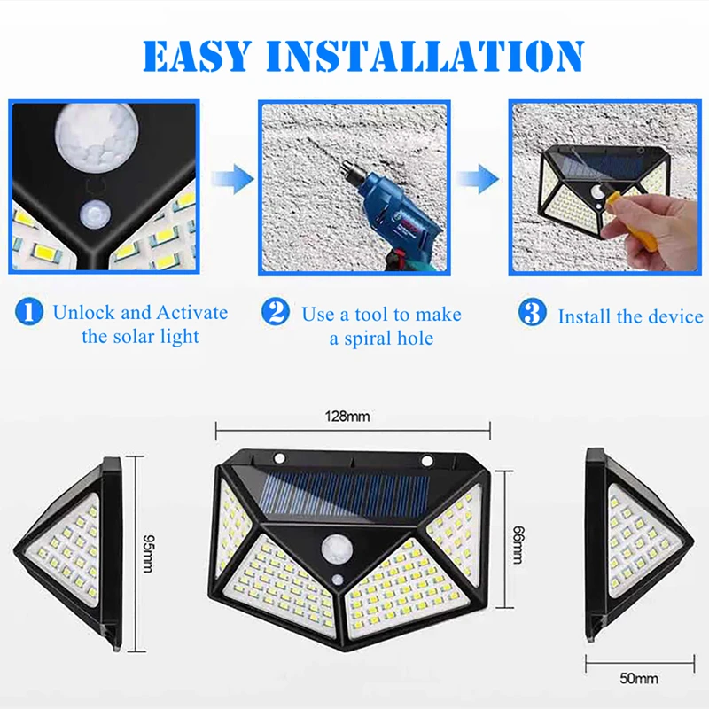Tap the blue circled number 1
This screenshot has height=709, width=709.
29,312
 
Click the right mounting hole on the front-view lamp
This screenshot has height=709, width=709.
426,459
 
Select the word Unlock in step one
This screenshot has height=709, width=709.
82,313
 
